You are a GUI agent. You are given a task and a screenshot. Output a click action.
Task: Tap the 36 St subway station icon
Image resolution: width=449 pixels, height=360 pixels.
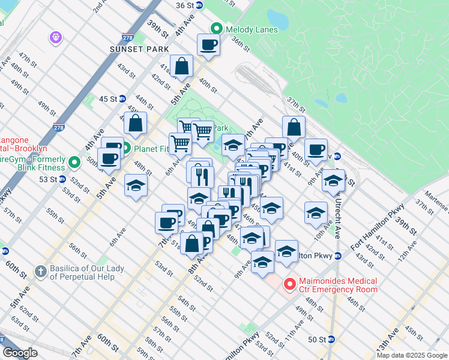(199, 5)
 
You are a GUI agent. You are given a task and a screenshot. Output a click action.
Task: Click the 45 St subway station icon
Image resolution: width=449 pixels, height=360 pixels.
(122, 98)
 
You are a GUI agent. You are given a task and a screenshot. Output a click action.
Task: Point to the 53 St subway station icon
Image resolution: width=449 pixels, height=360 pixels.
(62, 179)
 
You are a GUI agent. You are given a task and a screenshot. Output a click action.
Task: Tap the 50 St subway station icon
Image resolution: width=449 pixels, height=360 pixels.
(331, 339)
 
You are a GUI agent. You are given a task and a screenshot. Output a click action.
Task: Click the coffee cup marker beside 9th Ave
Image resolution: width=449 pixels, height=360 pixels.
(316, 149)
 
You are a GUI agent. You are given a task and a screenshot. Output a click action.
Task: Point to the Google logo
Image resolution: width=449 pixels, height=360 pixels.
(20, 353)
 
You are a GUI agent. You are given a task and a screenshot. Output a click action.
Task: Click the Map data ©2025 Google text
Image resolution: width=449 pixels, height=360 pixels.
(411, 355)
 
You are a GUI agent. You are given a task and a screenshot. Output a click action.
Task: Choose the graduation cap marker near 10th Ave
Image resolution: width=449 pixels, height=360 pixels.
(316, 214)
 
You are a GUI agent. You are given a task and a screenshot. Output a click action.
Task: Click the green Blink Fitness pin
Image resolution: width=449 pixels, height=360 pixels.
(74, 163)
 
